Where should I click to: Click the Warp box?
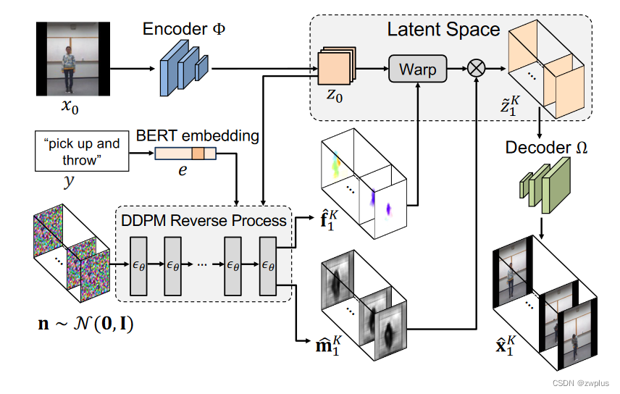pyautogui.click(x=416, y=70)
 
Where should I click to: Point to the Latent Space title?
pyautogui.click(x=443, y=30)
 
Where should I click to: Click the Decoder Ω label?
pyautogui.click(x=547, y=149)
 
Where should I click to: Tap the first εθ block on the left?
pyautogui.click(x=139, y=265)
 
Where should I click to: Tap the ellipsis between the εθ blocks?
pyautogui.click(x=202, y=266)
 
